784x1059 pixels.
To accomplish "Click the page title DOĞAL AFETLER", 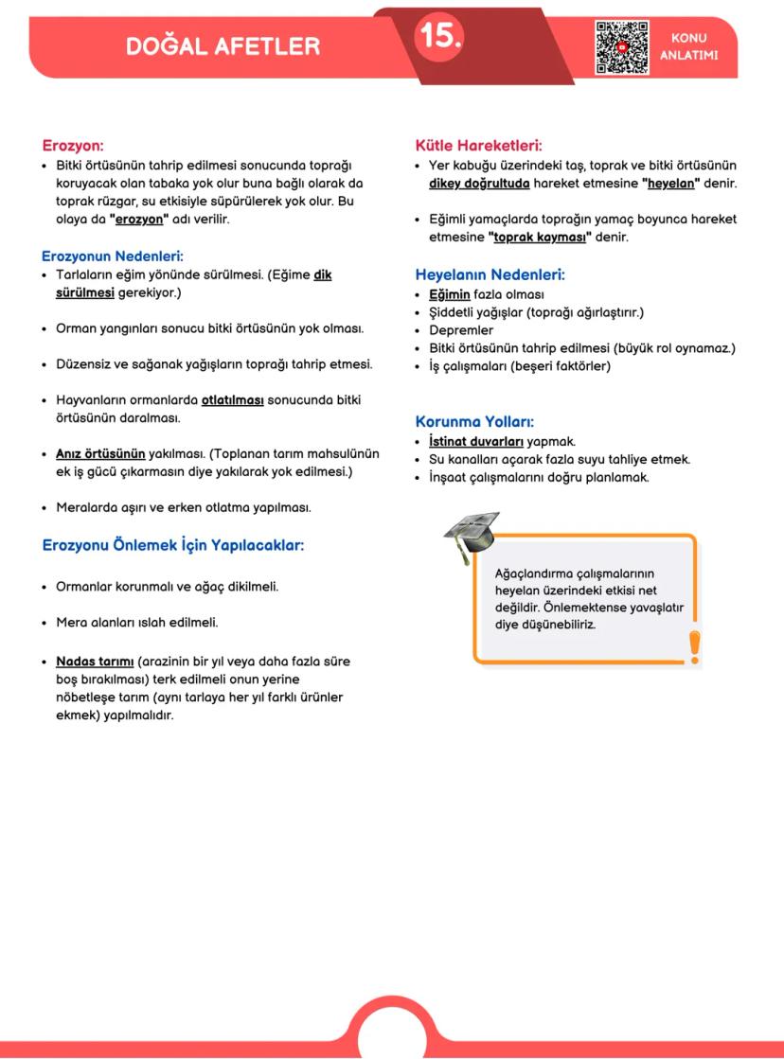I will pyautogui.click(x=223, y=45).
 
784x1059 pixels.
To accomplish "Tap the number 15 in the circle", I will pyautogui.click(x=439, y=36).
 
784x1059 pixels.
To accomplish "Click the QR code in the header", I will pyautogui.click(x=622, y=46).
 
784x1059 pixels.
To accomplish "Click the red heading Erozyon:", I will pyautogui.click(x=73, y=146).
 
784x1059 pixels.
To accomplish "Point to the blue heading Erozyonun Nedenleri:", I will pyautogui.click(x=113, y=256).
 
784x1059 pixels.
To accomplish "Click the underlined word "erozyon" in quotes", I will pyautogui.click(x=145, y=219).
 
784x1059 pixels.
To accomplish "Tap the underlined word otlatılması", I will pyautogui.click(x=232, y=400).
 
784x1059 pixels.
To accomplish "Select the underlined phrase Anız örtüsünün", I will pyautogui.click(x=100, y=453).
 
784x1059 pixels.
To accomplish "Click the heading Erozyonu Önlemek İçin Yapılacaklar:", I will pyautogui.click(x=172, y=545).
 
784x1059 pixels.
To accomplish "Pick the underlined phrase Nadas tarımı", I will pyautogui.click(x=95, y=662).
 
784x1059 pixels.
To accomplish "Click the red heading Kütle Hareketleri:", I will pyautogui.click(x=478, y=146).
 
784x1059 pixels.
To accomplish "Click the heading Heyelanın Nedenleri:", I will pyautogui.click(x=490, y=275).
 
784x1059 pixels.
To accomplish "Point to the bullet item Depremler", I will pyautogui.click(x=461, y=330).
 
